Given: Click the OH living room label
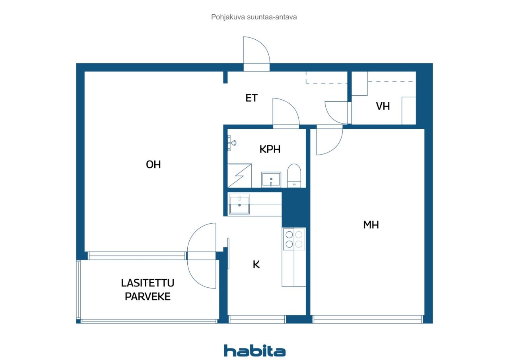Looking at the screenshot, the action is pyautogui.click(x=153, y=165).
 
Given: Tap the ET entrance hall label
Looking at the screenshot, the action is pyautogui.click(x=252, y=98).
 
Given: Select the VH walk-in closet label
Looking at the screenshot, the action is pyautogui.click(x=383, y=106).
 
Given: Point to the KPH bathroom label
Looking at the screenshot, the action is pyautogui.click(x=270, y=149).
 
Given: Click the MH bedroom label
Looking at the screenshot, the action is pyautogui.click(x=371, y=225).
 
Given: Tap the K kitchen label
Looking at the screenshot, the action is pyautogui.click(x=256, y=265).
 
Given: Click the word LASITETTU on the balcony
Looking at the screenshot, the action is pyautogui.click(x=148, y=283).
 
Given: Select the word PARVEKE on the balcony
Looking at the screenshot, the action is pyautogui.click(x=148, y=296).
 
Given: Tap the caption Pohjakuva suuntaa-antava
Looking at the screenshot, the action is pyautogui.click(x=254, y=17).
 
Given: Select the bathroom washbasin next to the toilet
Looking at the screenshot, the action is pyautogui.click(x=271, y=180).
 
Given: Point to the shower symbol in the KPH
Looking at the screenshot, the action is pyautogui.click(x=239, y=176).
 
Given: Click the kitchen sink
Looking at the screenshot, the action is pyautogui.click(x=239, y=204).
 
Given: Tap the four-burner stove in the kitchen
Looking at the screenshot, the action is pyautogui.click(x=294, y=239).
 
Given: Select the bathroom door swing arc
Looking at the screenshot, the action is pyautogui.click(x=293, y=106).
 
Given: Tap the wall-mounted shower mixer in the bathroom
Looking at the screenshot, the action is pyautogui.click(x=232, y=143).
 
